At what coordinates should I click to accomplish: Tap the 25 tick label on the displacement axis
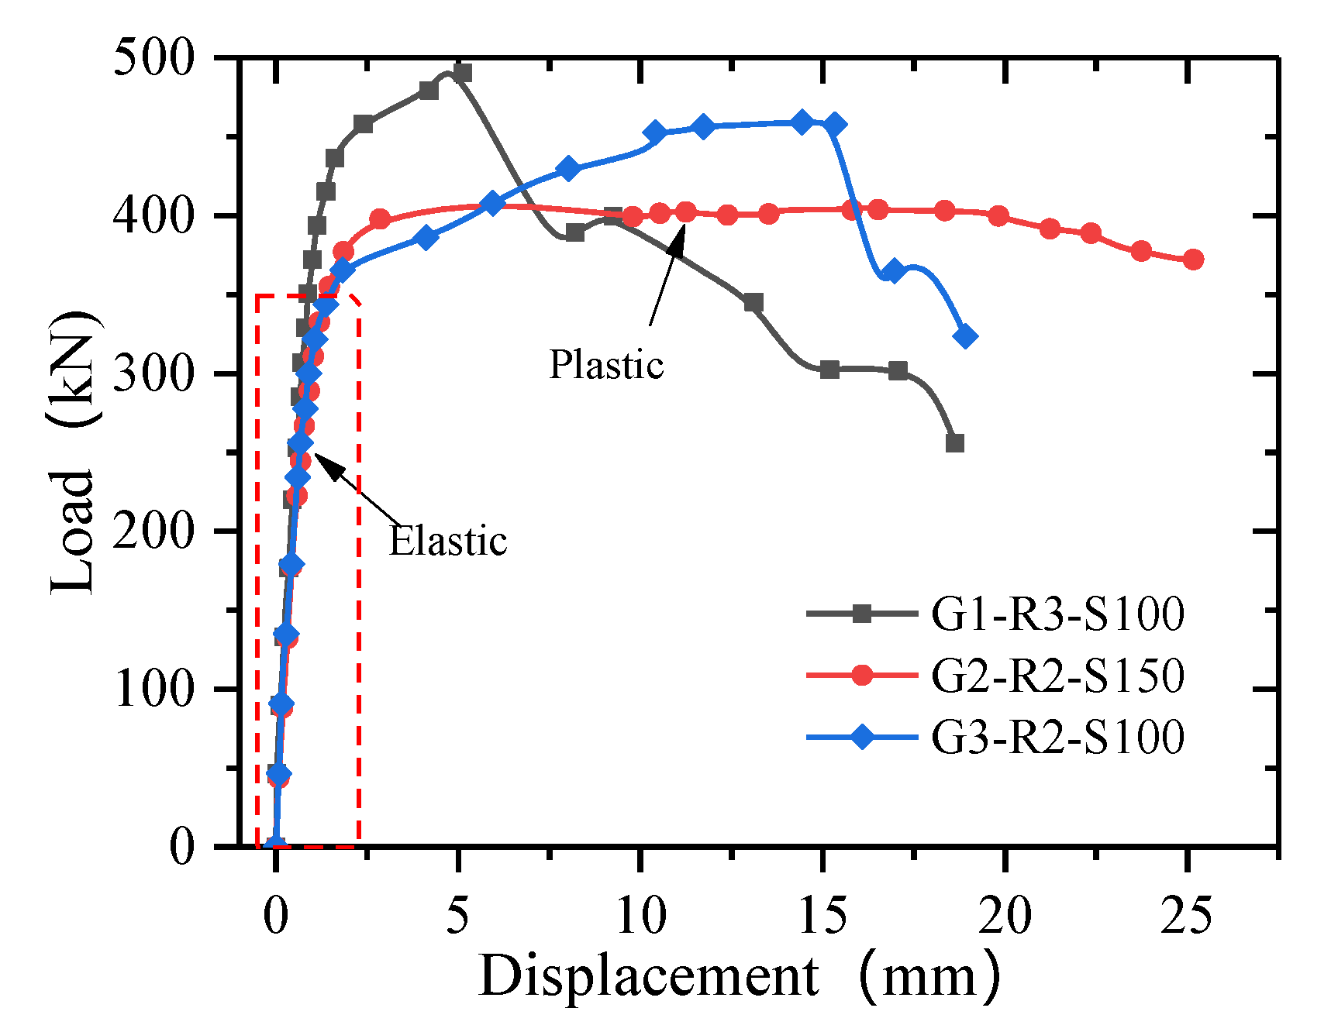[x=1186, y=915]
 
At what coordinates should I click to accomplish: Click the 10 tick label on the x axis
[x=640, y=915]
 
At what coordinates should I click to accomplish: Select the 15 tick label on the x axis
[x=822, y=915]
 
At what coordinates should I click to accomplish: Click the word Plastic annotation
[x=606, y=364]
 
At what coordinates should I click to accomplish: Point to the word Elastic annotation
[x=448, y=541]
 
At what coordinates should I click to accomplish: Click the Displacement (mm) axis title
[x=740, y=976]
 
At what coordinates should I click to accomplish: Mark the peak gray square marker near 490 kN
[x=463, y=73]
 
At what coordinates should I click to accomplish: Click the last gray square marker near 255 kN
[x=955, y=443]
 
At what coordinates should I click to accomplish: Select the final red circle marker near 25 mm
[x=1194, y=260]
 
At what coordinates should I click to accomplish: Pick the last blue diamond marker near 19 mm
[x=965, y=336]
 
